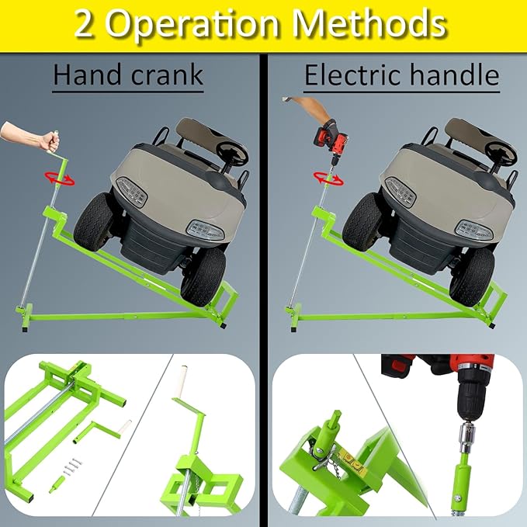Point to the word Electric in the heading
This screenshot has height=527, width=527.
click(350, 75)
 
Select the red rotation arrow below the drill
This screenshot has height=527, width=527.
click(328, 178)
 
